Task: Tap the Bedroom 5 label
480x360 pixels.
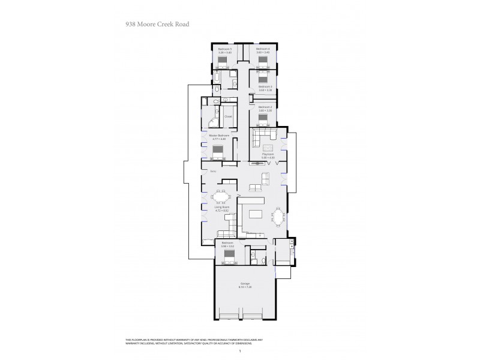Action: click(x=224, y=49)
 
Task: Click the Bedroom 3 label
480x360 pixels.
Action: click(x=265, y=86)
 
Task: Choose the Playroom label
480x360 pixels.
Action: click(x=268, y=154)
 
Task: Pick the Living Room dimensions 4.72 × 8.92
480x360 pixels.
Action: click(x=221, y=211)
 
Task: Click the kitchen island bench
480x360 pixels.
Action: click(x=256, y=214)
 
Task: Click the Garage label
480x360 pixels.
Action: click(x=245, y=283)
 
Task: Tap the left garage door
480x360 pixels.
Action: click(x=229, y=316)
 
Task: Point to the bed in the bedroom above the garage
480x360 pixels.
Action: click(x=229, y=256)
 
